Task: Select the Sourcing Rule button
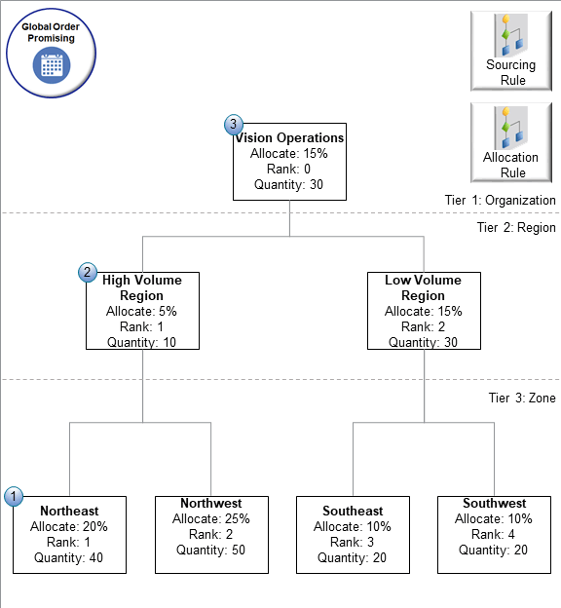tap(511, 50)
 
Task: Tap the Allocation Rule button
tap(511, 142)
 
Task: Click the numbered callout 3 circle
tap(234, 125)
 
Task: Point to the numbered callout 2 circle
tap(88, 273)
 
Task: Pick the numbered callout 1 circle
tap(14, 496)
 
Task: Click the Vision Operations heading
tap(289, 138)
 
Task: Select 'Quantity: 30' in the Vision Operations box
tap(289, 184)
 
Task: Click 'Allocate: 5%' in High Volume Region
tap(141, 311)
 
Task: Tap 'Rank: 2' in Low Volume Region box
tap(423, 326)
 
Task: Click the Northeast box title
tap(69, 511)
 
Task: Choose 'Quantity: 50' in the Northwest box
tap(211, 550)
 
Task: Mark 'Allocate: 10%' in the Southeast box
tap(353, 527)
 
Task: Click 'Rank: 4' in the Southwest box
tap(494, 534)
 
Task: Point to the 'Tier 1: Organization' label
tap(500, 200)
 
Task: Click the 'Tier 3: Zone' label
tap(522, 398)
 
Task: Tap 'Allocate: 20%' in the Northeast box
tap(69, 527)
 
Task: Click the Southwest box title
tap(494, 503)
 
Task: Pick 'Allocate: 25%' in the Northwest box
tap(211, 518)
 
